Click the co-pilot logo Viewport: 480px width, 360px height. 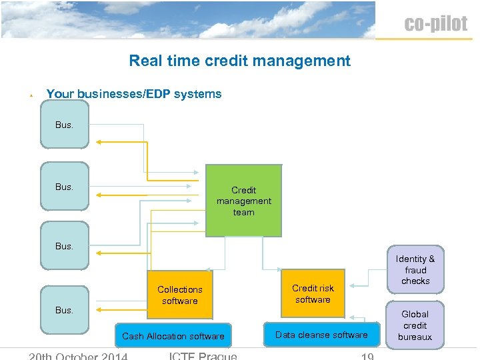pyautogui.click(x=435, y=24)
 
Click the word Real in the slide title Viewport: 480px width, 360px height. pyautogui.click(x=145, y=61)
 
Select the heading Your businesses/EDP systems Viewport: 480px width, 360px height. pyautogui.click(x=133, y=94)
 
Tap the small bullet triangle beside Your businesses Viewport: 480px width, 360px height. pyautogui.click(x=31, y=96)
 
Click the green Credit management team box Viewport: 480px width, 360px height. pyautogui.click(x=243, y=201)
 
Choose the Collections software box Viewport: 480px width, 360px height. pyautogui.click(x=179, y=295)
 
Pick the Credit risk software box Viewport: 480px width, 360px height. pyautogui.click(x=313, y=293)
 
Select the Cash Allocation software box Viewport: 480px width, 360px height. pyautogui.click(x=173, y=336)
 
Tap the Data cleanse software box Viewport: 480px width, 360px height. pyautogui.click(x=321, y=335)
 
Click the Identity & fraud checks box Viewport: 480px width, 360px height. pyautogui.click(x=415, y=270)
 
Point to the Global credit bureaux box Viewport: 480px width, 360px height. pyautogui.click(x=415, y=325)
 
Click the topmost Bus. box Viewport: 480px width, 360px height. pyautogui.click(x=64, y=125)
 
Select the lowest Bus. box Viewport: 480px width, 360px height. pyautogui.click(x=64, y=310)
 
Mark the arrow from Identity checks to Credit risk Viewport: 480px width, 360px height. pyautogui.click(x=367, y=286)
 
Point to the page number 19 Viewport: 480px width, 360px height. pyautogui.click(x=367, y=356)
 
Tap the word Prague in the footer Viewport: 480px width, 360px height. pyautogui.click(x=216, y=356)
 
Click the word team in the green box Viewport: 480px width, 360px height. pyautogui.click(x=243, y=213)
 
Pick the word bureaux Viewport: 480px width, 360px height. pyautogui.click(x=415, y=337)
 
